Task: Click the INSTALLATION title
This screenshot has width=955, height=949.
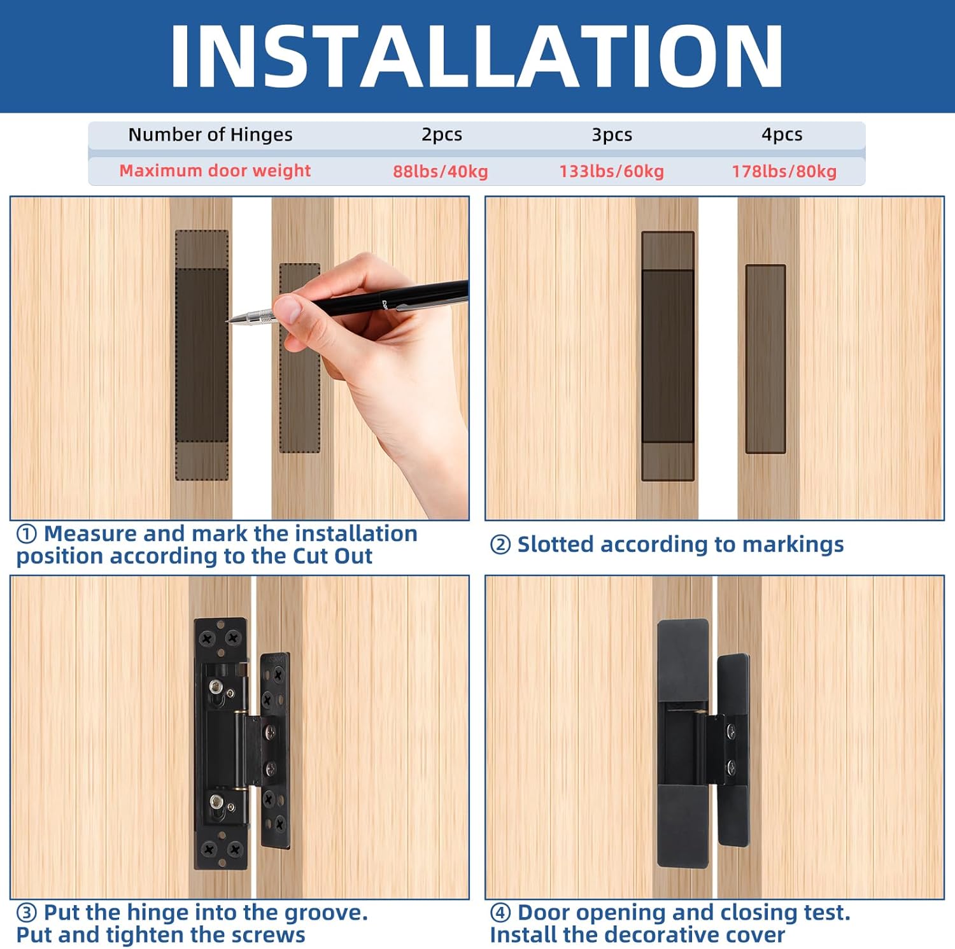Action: (x=476, y=56)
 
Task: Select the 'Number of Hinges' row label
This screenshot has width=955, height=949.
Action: (x=210, y=135)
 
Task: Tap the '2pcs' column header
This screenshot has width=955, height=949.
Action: (x=442, y=135)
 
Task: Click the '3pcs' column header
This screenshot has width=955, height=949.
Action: (x=612, y=135)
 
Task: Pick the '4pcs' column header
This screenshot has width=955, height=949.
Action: (x=782, y=135)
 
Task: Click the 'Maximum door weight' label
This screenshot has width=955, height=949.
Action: (x=215, y=171)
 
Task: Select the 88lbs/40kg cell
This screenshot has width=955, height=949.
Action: (x=440, y=171)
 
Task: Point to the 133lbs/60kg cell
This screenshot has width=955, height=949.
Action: (x=611, y=171)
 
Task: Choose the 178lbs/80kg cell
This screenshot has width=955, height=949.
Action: (x=784, y=171)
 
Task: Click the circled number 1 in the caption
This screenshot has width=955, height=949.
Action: (x=27, y=534)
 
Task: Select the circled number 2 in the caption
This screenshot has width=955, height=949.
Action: (x=500, y=545)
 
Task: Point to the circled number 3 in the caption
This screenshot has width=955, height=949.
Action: (x=27, y=913)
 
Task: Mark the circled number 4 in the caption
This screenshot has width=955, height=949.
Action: (x=500, y=913)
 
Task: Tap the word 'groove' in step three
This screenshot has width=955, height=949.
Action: (x=322, y=913)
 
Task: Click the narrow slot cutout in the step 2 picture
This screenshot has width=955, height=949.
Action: (x=765, y=359)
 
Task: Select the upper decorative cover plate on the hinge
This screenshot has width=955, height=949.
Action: (x=683, y=659)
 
